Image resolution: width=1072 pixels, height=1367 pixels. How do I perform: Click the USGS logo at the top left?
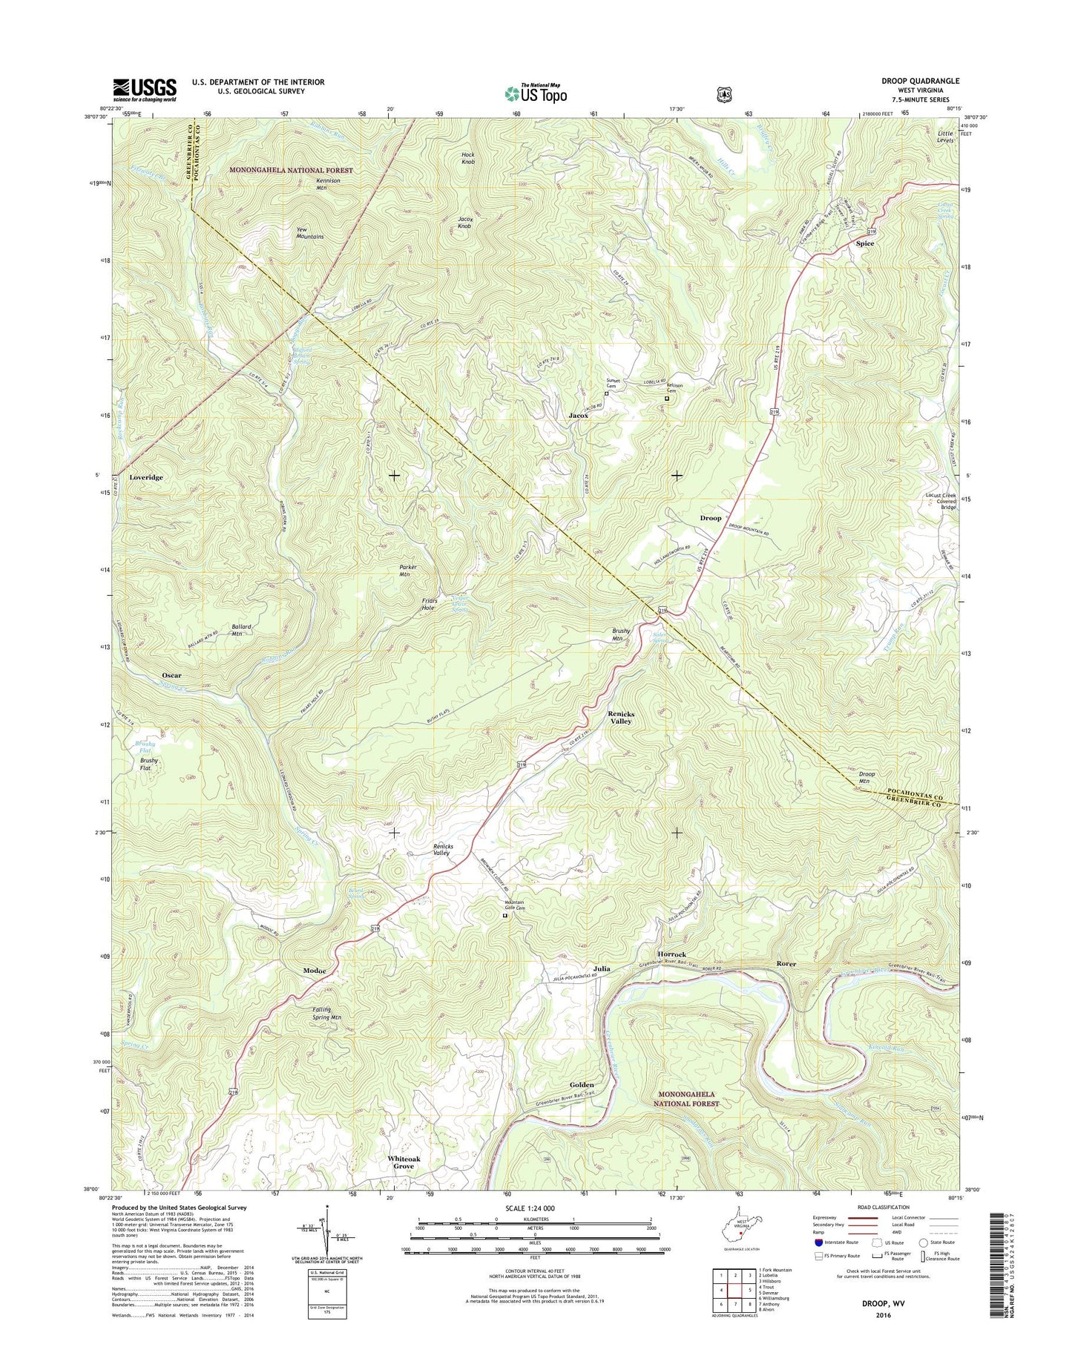coord(145,90)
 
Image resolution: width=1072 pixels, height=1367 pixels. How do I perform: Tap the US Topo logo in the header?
coord(536,94)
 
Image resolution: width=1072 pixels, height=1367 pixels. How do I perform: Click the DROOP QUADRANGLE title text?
coord(921,81)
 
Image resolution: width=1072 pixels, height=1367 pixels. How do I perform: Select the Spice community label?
coord(864,243)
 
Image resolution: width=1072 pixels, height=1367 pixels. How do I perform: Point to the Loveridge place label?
coord(145,477)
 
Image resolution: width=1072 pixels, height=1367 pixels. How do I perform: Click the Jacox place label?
coord(579,416)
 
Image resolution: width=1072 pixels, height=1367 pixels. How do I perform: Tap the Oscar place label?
coord(171,675)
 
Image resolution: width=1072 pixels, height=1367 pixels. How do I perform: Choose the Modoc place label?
coord(315,971)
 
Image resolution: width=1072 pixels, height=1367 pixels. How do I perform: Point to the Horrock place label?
coord(671,954)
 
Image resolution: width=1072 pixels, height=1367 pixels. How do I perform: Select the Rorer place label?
coord(786,963)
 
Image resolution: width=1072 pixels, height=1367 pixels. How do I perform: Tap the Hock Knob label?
coord(468,158)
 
